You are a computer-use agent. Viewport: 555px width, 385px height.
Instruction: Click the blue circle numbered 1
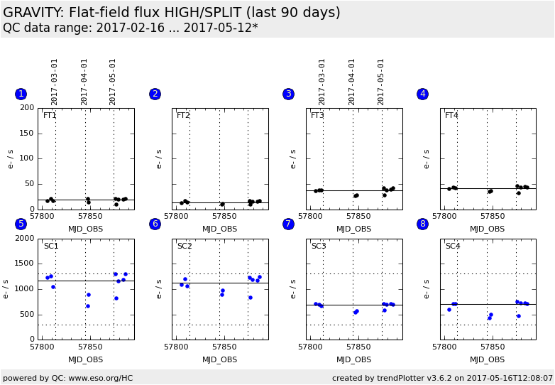click(x=21, y=94)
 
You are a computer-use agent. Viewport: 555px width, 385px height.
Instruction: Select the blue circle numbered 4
click(x=422, y=94)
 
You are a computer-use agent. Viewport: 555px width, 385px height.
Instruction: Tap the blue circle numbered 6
click(x=155, y=224)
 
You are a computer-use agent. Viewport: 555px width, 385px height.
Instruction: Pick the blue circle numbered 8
click(x=422, y=224)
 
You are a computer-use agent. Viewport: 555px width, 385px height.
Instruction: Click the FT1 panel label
click(x=50, y=116)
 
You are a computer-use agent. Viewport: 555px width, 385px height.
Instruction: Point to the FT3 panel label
click(x=317, y=116)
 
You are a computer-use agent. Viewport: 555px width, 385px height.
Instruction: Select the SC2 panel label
click(x=185, y=246)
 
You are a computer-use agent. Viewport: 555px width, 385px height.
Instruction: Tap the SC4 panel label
click(x=453, y=246)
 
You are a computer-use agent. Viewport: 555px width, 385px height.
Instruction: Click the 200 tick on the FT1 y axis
click(x=27, y=108)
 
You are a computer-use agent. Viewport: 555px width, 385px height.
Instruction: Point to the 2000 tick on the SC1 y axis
click(x=25, y=239)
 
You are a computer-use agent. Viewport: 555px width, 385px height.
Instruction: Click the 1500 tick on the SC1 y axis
click(x=25, y=264)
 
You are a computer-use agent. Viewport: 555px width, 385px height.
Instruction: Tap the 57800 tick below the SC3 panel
click(x=310, y=347)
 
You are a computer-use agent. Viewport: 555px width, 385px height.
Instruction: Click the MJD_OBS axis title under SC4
click(x=488, y=359)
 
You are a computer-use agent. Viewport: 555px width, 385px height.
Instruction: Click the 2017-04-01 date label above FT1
click(x=84, y=82)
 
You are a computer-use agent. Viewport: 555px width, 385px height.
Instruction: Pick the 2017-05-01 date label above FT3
click(x=381, y=82)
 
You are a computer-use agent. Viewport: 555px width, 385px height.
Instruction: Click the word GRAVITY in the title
click(x=33, y=13)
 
